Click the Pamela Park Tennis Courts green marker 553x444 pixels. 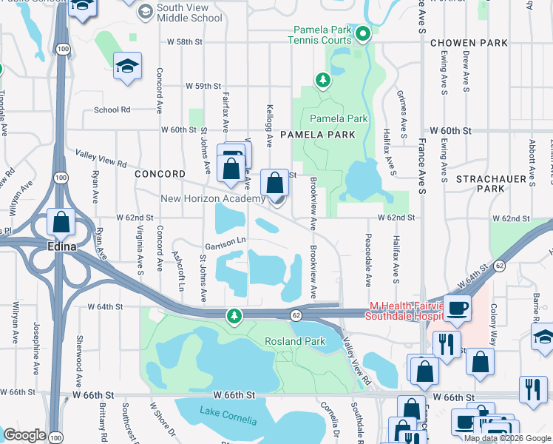(362, 33)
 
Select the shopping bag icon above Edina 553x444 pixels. (61, 221)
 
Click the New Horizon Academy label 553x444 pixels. (213, 199)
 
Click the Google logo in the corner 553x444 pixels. (24, 435)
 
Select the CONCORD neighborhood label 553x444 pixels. (160, 174)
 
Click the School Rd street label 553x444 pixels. (112, 110)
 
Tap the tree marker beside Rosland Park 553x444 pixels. (234, 317)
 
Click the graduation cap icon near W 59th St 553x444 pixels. (127, 67)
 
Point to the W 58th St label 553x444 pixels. (184, 42)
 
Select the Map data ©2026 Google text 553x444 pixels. (506, 438)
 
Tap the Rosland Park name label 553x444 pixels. (296, 341)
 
